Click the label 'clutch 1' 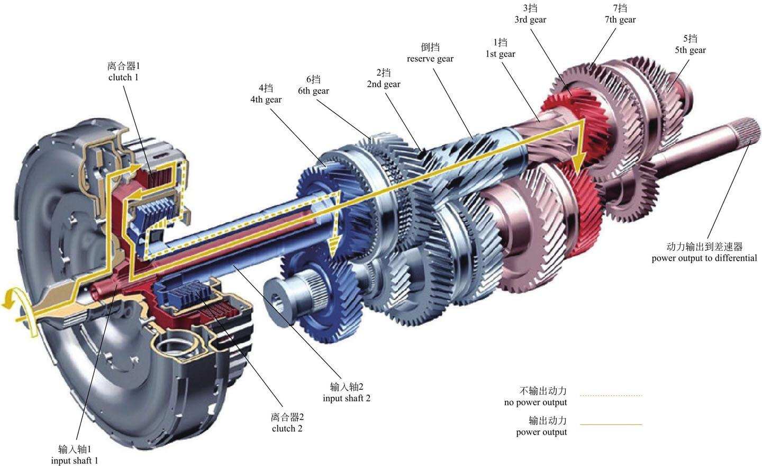123,77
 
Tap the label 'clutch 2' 287,428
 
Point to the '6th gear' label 313,90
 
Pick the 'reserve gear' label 430,59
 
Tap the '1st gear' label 500,54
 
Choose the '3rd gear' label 530,20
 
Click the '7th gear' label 620,20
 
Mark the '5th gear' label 690,50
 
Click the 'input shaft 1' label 75,460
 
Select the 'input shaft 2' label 347,398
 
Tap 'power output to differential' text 704,258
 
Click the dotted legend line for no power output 611,395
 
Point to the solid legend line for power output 611,424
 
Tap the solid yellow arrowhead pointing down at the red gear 580,159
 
